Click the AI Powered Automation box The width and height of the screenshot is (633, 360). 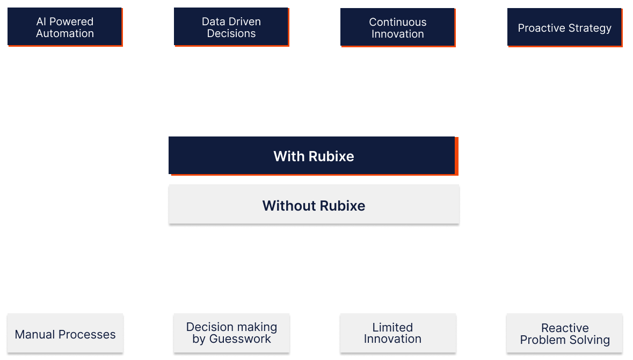point(64,27)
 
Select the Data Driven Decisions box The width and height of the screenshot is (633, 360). point(231,27)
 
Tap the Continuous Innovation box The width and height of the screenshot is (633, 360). point(397,28)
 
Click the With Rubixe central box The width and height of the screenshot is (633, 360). point(313,156)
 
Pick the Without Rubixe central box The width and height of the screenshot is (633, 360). point(314,205)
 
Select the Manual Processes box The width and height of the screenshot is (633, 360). point(65,334)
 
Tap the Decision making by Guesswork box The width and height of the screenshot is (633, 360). point(231,333)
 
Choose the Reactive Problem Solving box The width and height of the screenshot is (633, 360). point(565,334)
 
